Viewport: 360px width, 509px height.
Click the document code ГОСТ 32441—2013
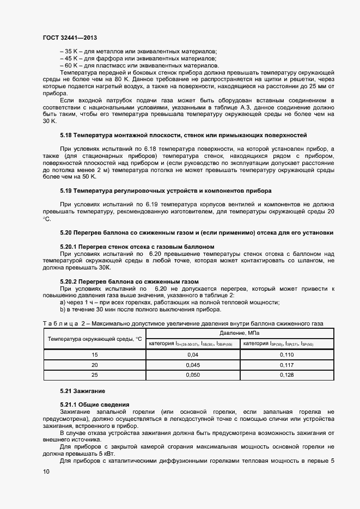click(70, 39)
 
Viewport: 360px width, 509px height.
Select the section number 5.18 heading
click(66, 134)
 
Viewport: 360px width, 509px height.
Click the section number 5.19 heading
click(66, 191)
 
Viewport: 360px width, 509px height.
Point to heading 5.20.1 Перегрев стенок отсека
click(137, 247)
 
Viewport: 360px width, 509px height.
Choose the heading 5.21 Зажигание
click(82, 391)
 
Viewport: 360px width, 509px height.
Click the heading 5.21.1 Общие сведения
click(94, 404)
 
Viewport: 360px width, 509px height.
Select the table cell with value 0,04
click(192, 354)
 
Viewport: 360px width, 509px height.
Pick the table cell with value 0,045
click(192, 365)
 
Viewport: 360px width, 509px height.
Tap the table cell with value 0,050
click(192, 375)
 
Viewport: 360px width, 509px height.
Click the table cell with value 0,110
click(286, 354)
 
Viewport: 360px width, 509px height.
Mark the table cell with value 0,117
click(286, 365)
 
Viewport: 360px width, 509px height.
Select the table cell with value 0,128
click(286, 375)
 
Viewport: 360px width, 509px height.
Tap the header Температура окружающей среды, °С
click(94, 339)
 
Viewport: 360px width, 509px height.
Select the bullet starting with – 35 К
click(138, 51)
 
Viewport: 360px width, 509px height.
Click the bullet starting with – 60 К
click(139, 65)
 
